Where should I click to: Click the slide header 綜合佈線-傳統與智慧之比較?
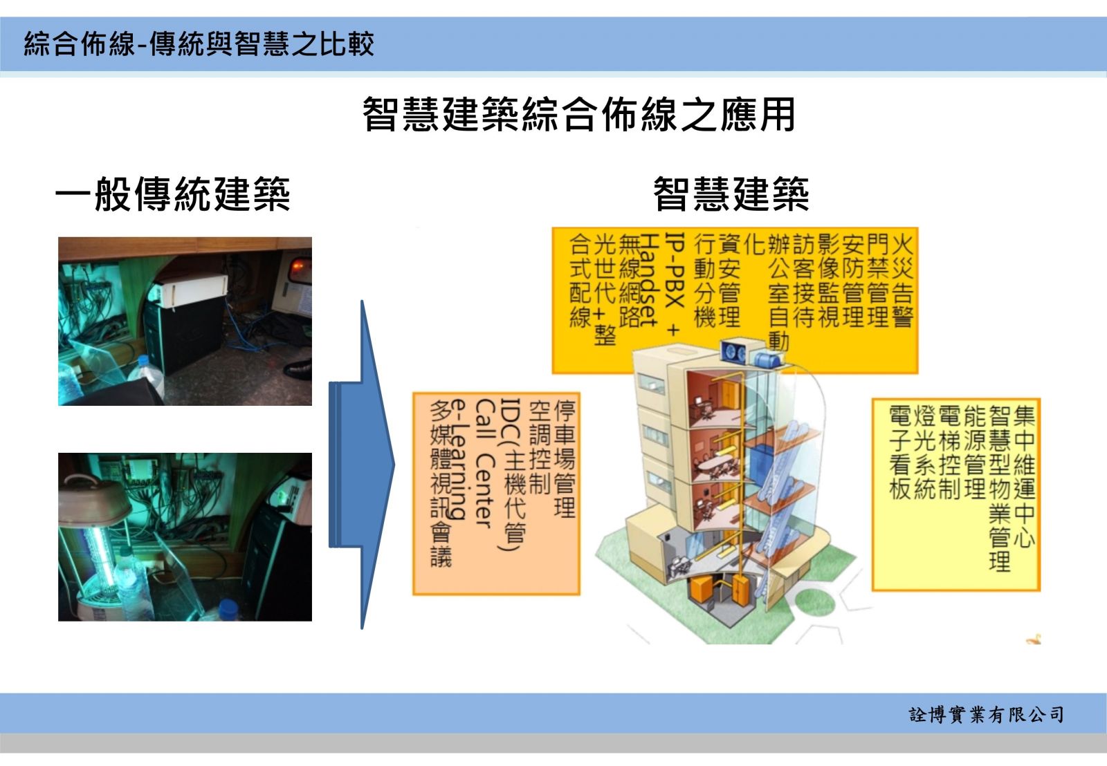(x=199, y=44)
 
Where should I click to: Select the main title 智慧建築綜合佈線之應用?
(x=578, y=114)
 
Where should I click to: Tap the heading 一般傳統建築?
(x=172, y=194)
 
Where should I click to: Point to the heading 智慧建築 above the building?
(x=731, y=194)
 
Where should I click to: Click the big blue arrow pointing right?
(x=362, y=465)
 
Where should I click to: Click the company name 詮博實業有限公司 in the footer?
(x=986, y=715)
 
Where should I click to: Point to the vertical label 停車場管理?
(x=565, y=458)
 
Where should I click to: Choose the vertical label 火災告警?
(x=902, y=281)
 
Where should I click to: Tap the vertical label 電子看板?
(x=900, y=452)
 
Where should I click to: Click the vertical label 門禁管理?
(x=878, y=281)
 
